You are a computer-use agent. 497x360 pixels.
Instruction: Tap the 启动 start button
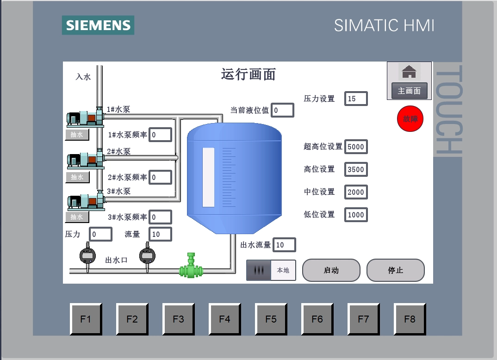tap(331, 270)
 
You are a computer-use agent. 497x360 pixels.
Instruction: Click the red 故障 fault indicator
tap(410, 119)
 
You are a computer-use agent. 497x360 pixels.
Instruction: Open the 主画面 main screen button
tap(409, 91)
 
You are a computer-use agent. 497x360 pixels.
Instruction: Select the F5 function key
tap(271, 319)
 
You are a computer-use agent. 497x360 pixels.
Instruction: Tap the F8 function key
tap(410, 319)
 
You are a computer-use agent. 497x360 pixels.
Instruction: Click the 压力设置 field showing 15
tap(356, 99)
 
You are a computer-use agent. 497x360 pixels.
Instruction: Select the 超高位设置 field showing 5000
tap(356, 147)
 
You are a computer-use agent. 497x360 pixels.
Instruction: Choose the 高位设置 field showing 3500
tap(356, 169)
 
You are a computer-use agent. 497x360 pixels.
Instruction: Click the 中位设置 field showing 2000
tap(356, 192)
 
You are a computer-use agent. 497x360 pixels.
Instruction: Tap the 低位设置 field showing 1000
tap(356, 215)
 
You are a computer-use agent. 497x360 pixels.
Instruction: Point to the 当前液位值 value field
tap(282, 110)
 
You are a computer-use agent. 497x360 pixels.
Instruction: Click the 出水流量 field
tap(284, 245)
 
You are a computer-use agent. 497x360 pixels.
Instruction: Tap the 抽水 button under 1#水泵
tap(77, 135)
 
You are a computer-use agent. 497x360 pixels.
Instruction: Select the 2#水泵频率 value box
tap(160, 177)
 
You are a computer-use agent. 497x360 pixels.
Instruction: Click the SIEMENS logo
tap(98, 25)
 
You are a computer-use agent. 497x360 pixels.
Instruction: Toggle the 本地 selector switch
tap(271, 270)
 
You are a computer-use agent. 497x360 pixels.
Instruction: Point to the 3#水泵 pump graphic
tap(86, 200)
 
